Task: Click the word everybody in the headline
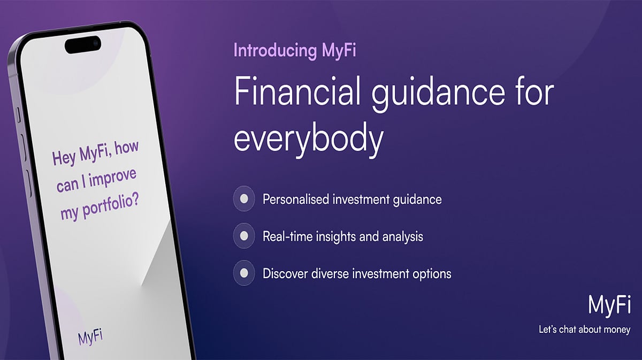(x=309, y=139)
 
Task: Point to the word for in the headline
(x=533, y=94)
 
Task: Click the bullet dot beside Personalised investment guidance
(x=244, y=199)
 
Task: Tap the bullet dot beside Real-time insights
(x=244, y=236)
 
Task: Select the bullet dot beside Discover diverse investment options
(x=244, y=273)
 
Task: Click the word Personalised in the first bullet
(x=295, y=200)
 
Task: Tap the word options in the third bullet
(x=431, y=274)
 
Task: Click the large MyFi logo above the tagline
(x=609, y=305)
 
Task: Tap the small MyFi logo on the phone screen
(x=90, y=337)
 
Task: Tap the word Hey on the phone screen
(x=64, y=158)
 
